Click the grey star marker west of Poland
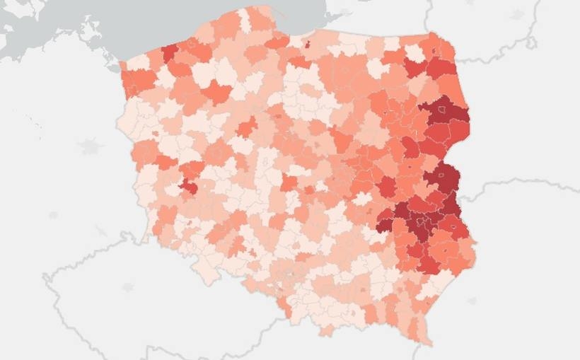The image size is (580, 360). coord(91,146)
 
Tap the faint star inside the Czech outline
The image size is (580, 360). coord(128,287)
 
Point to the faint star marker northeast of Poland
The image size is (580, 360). coord(517,14)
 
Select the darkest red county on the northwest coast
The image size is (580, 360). coord(169,53)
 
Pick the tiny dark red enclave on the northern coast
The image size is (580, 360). coord(308,44)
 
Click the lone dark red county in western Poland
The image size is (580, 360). coord(189,186)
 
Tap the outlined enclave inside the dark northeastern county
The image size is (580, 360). coord(443,110)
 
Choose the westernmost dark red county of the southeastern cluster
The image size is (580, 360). coord(384,223)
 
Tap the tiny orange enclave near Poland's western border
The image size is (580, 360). coord(156,133)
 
